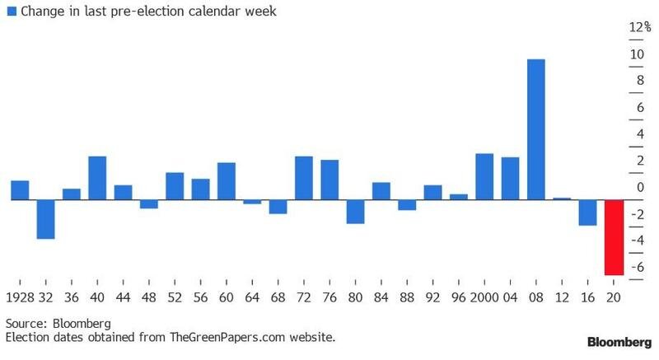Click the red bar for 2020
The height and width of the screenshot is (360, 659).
(614, 237)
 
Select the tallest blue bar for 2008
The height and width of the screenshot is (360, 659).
(535, 129)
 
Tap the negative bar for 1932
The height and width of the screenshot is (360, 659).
(45, 219)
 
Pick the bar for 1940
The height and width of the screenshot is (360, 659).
(97, 178)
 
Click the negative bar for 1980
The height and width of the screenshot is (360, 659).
(355, 212)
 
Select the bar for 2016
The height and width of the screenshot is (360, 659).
(587, 213)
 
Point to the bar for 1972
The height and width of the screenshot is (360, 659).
(303, 178)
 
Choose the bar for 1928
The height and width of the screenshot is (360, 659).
(20, 190)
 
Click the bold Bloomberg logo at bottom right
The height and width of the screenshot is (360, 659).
(618, 341)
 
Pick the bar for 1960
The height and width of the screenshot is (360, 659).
(226, 181)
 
